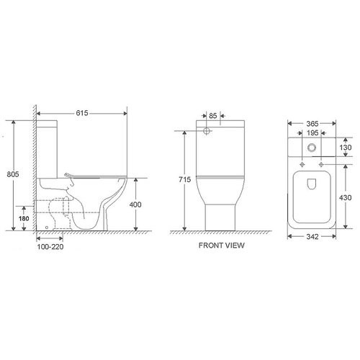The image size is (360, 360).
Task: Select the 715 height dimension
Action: [185, 179]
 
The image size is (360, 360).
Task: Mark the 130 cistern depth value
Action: [346, 148]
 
